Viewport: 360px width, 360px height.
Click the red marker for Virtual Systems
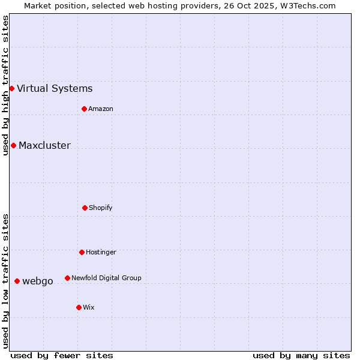coord(11,88)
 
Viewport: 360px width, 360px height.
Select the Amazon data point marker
coord(84,109)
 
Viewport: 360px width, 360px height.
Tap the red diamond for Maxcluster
coord(13,145)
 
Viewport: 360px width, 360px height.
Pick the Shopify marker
coord(85,208)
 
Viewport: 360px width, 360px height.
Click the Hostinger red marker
coord(82,252)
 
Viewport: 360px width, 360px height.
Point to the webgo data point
coord(17,281)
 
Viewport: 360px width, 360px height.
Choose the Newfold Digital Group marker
coord(67,278)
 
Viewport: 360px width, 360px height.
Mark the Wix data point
coord(79,307)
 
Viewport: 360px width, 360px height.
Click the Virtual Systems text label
coord(55,89)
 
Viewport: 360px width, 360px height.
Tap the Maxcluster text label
coord(44,146)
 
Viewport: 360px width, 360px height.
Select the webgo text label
coord(38,281)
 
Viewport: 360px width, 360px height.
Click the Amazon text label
coord(101,109)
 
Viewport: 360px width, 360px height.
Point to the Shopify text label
coord(101,208)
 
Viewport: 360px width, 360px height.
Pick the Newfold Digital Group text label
coord(106,278)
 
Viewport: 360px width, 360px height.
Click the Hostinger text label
coord(101,253)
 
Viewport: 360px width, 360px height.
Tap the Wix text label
coord(89,308)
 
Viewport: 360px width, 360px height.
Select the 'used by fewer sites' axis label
coord(62,355)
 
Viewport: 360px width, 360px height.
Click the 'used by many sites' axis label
coord(301,355)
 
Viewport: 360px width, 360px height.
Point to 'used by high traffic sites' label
coord(5,85)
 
